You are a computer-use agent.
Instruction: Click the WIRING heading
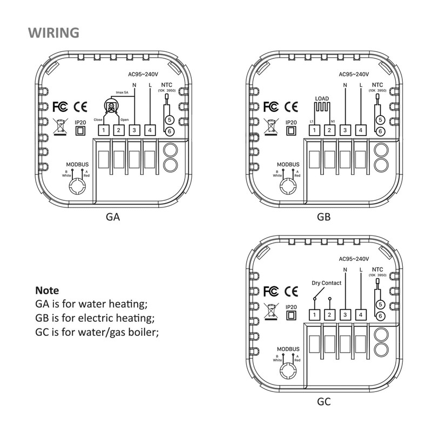tap(53, 32)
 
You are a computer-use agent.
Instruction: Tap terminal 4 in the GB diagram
tap(360, 130)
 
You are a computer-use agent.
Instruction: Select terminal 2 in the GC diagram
tap(329, 315)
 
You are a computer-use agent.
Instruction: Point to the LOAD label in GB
tap(322, 99)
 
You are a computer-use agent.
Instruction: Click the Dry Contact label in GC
tap(327, 283)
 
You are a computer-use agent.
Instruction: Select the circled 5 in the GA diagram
tap(169, 120)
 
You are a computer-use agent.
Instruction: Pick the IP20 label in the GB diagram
tap(291, 123)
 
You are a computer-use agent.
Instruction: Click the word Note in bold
tap(47, 290)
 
